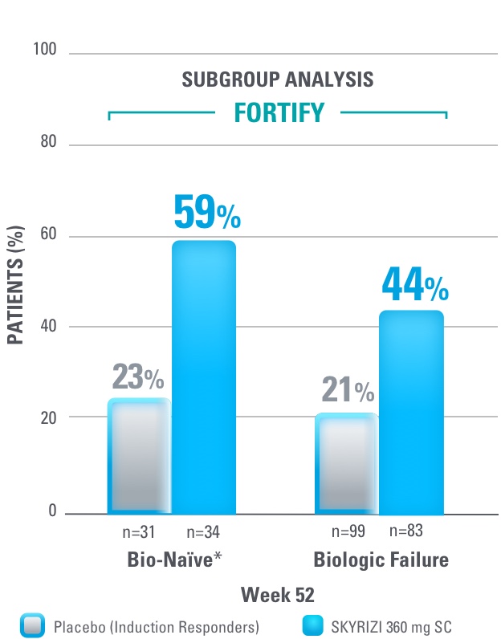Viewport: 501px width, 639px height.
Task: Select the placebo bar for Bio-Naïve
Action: (x=140, y=456)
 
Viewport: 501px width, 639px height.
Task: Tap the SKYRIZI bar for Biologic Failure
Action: (x=410, y=412)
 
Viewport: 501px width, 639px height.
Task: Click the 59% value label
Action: (x=207, y=213)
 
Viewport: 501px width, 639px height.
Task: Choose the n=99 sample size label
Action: (x=348, y=531)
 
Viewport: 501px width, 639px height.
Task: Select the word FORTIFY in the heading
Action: (x=279, y=112)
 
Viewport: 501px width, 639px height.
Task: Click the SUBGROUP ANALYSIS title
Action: (x=277, y=79)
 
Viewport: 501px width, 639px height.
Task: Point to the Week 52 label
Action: (x=277, y=595)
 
